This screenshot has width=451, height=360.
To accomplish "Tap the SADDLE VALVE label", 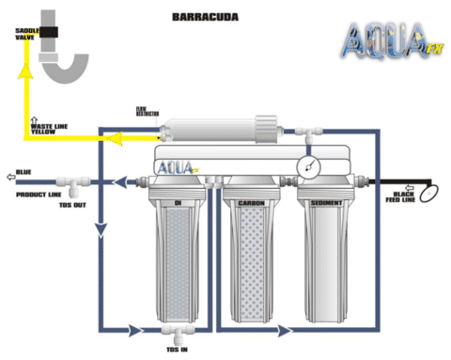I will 25,35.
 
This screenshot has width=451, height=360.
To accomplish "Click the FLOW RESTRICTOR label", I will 147,112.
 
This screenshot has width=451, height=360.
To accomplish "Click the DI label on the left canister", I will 178,201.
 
